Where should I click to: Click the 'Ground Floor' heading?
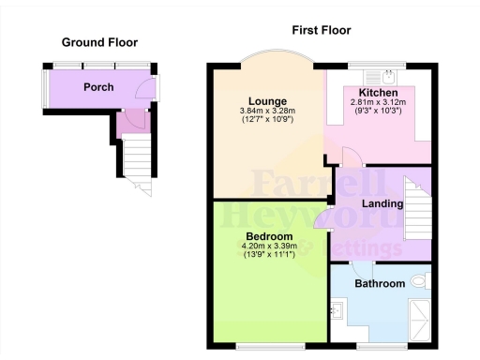click(x=99, y=42)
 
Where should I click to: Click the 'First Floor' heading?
click(x=322, y=30)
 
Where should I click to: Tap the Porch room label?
click(x=98, y=87)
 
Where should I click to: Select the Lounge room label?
click(x=267, y=101)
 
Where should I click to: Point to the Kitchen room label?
click(x=378, y=93)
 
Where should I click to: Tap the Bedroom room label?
click(x=269, y=236)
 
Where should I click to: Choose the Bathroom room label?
click(x=379, y=283)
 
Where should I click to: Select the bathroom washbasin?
click(x=337, y=308)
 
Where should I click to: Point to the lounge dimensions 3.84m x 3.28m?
click(x=267, y=112)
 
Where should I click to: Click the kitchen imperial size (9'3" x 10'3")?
click(x=378, y=112)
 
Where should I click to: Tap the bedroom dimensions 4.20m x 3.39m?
click(x=269, y=247)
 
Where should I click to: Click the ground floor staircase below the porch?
click(x=138, y=165)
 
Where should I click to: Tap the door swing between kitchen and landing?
click(x=348, y=158)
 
